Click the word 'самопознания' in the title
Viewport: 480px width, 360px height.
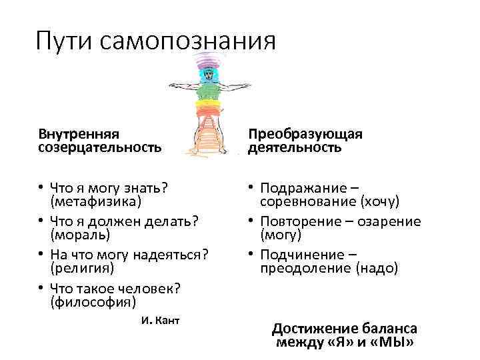coord(189,41)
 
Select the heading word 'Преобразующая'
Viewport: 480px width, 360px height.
coord(305,135)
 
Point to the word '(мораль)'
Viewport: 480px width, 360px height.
coord(80,235)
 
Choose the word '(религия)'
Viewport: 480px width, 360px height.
coord(83,268)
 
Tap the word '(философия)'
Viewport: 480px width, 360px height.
coord(93,302)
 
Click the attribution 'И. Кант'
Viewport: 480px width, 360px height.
coord(161,320)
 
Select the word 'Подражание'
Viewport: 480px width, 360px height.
coord(300,187)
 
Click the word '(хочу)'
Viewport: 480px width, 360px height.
coord(380,201)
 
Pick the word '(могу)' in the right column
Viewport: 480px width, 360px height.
coord(281,235)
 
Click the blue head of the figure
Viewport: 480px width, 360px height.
coord(209,73)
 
